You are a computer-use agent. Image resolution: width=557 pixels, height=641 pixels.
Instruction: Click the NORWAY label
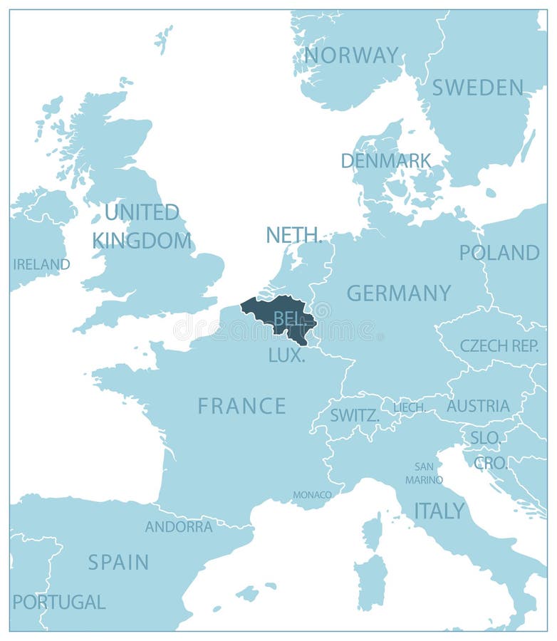pyautogui.click(x=351, y=55)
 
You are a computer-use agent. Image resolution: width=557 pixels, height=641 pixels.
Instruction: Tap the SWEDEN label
pyautogui.click(x=477, y=88)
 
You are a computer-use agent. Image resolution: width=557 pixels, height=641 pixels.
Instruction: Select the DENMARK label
pyautogui.click(x=386, y=161)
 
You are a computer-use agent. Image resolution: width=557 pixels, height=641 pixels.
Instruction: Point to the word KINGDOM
pyautogui.click(x=142, y=241)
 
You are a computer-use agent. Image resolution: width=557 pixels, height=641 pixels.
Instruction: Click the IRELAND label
pyautogui.click(x=41, y=264)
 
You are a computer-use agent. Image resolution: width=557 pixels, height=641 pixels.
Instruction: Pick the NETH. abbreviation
pyautogui.click(x=294, y=235)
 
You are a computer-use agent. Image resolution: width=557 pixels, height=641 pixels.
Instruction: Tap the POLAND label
pyautogui.click(x=499, y=253)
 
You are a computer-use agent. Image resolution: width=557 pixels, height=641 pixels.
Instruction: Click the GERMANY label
pyautogui.click(x=399, y=293)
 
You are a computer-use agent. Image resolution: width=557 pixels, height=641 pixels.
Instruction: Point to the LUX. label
pyautogui.click(x=286, y=355)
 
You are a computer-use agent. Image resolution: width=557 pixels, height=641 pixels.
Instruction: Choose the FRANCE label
pyautogui.click(x=242, y=406)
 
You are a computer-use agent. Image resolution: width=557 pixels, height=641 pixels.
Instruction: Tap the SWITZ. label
pyautogui.click(x=354, y=415)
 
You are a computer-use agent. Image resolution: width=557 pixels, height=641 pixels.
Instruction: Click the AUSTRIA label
pyautogui.click(x=478, y=406)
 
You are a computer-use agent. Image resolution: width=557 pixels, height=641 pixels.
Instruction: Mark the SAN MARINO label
pyautogui.click(x=424, y=474)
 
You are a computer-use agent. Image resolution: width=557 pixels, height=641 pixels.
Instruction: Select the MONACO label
pyautogui.click(x=312, y=494)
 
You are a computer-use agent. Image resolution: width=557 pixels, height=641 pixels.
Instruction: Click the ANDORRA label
pyautogui.click(x=179, y=527)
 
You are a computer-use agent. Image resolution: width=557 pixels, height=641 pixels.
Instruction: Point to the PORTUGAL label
pyautogui.click(x=59, y=603)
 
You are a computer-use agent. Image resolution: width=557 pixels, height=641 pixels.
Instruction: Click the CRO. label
pyautogui.click(x=491, y=463)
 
